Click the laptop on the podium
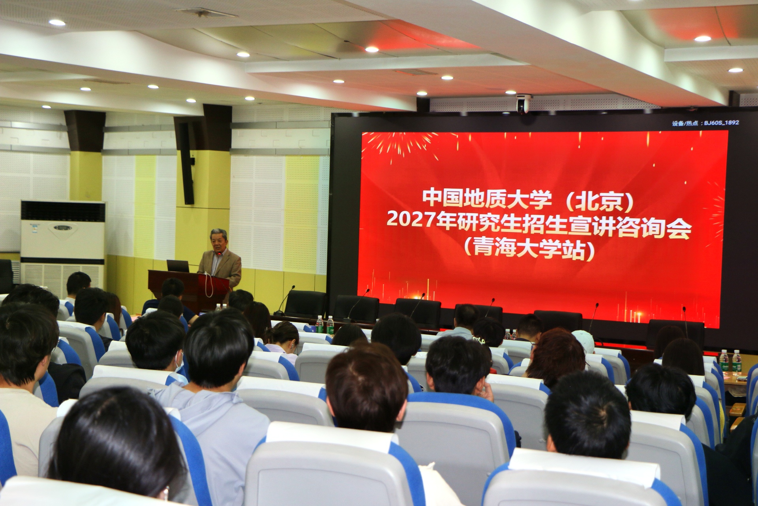(178, 266)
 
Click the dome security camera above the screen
(524, 104)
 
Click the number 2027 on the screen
(411, 219)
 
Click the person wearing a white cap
(584, 341)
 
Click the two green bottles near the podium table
(325, 325)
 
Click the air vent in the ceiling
(205, 13)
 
